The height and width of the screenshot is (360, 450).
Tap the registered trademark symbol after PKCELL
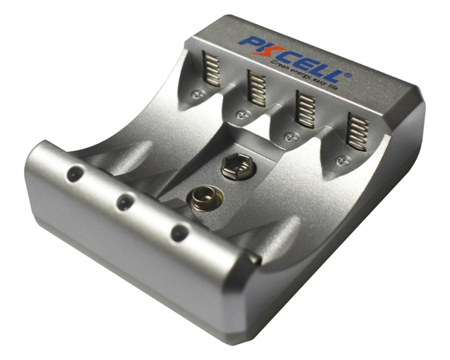click(348, 75)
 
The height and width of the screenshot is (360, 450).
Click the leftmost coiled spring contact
click(211, 69)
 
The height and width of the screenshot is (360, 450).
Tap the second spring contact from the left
click(257, 88)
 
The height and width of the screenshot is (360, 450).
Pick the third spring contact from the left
click(305, 109)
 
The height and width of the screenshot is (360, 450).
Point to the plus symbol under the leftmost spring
click(199, 94)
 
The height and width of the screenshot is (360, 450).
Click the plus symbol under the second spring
click(244, 115)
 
